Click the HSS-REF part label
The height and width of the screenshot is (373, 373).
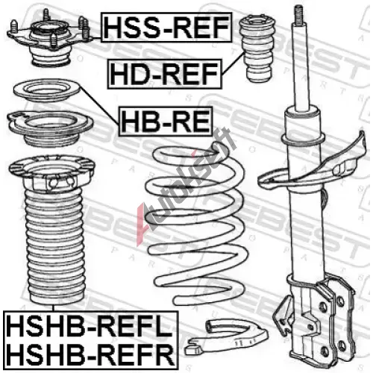tap(166, 27)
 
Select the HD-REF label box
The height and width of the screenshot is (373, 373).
tap(164, 74)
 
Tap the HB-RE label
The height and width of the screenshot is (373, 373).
tap(166, 122)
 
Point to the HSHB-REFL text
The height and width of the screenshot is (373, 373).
tap(90, 325)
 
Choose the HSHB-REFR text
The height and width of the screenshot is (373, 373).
tap(90, 353)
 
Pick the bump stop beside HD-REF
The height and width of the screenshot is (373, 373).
tap(257, 48)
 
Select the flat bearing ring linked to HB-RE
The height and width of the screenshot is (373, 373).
tap(47, 91)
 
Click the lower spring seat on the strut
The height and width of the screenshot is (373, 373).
tap(312, 164)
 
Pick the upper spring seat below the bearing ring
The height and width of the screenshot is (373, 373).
tap(51, 129)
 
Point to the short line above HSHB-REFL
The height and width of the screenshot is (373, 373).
tap(54, 308)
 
